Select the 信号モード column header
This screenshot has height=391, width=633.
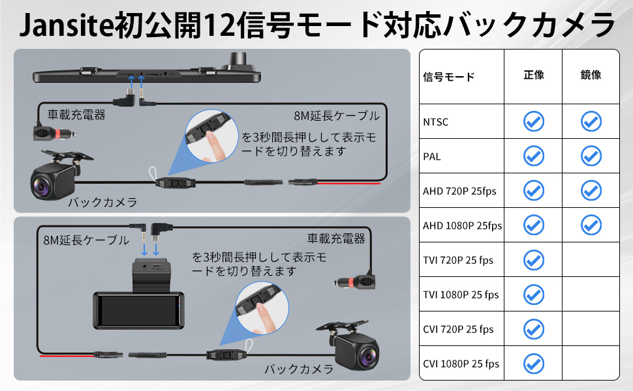pyautogui.click(x=448, y=77)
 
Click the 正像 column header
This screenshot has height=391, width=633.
pyautogui.click(x=533, y=75)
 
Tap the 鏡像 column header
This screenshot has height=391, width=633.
pyautogui.click(x=591, y=75)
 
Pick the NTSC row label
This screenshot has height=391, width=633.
pyautogui.click(x=436, y=122)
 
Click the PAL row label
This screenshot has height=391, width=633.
pyautogui.click(x=432, y=156)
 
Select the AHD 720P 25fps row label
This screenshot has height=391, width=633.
pyautogui.click(x=459, y=191)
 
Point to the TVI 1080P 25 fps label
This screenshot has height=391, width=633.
pyautogui.click(x=461, y=295)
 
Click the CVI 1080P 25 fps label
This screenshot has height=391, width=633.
pyautogui.click(x=461, y=364)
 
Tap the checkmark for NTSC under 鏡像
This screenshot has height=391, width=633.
pyautogui.click(x=591, y=121)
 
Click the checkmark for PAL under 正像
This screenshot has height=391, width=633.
pyautogui.click(x=534, y=156)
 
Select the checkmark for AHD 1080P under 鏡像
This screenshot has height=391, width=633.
pyautogui.click(x=591, y=225)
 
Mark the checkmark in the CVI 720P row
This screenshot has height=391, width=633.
pyautogui.click(x=534, y=328)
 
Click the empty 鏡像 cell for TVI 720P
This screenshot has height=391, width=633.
pyautogui.click(x=591, y=260)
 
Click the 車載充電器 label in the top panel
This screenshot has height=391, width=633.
pyautogui.click(x=76, y=115)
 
